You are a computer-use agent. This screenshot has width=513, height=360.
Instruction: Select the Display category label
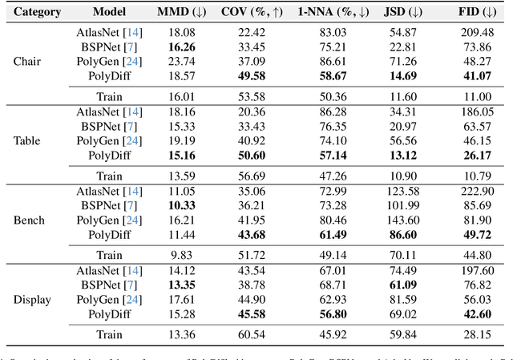tap(31, 300)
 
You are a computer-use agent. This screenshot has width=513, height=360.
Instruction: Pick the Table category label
tap(27, 140)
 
